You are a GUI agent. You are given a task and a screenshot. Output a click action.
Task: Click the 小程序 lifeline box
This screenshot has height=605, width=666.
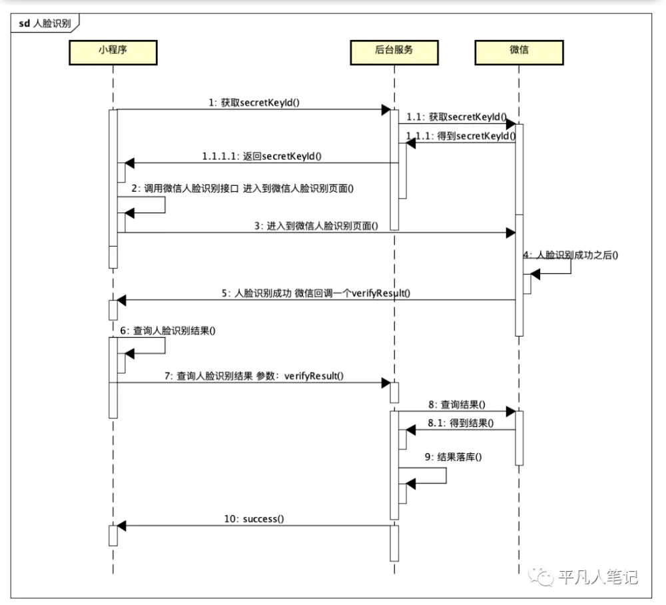coord(113,53)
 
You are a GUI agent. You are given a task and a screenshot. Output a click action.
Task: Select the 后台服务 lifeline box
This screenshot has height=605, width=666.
coord(394,53)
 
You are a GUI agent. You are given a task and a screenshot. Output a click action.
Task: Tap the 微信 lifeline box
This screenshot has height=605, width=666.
coord(519,53)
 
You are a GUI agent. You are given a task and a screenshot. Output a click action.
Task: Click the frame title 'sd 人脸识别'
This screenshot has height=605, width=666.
coord(45,23)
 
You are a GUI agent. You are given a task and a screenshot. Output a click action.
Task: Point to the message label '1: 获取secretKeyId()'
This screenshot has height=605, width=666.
coord(254,103)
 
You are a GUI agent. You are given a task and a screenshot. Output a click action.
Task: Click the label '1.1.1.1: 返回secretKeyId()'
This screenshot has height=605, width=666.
coord(262,156)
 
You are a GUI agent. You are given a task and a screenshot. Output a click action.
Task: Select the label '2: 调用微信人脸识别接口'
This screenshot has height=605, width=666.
coord(185,188)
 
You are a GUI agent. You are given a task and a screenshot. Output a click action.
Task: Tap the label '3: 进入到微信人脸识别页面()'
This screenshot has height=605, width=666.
coord(316,226)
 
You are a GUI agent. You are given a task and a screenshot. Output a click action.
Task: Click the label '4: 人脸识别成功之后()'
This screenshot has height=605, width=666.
coord(571,255)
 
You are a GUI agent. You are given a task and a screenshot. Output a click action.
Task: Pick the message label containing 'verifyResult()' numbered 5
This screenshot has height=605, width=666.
coord(316,293)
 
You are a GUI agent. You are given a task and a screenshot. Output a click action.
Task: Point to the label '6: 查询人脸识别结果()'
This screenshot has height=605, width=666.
coord(168,330)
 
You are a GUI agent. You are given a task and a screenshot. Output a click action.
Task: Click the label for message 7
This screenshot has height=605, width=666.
coord(254,376)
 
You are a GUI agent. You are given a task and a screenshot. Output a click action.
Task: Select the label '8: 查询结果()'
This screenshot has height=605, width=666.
coord(457,404)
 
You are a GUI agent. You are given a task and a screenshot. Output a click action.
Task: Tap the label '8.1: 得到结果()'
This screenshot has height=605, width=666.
coord(460,422)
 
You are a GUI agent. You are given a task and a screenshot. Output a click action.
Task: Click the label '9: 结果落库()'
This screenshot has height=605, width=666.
coord(453,456)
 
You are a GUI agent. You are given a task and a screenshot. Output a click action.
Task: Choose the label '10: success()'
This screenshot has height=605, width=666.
coord(254,519)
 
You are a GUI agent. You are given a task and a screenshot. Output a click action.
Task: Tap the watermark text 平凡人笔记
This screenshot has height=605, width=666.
coord(598,577)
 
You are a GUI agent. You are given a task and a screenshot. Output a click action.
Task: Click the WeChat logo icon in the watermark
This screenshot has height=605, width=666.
coord(541,576)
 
